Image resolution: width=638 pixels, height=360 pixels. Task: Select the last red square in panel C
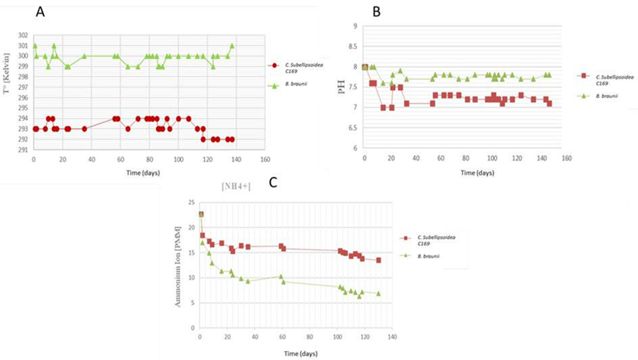coord(378,260)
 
